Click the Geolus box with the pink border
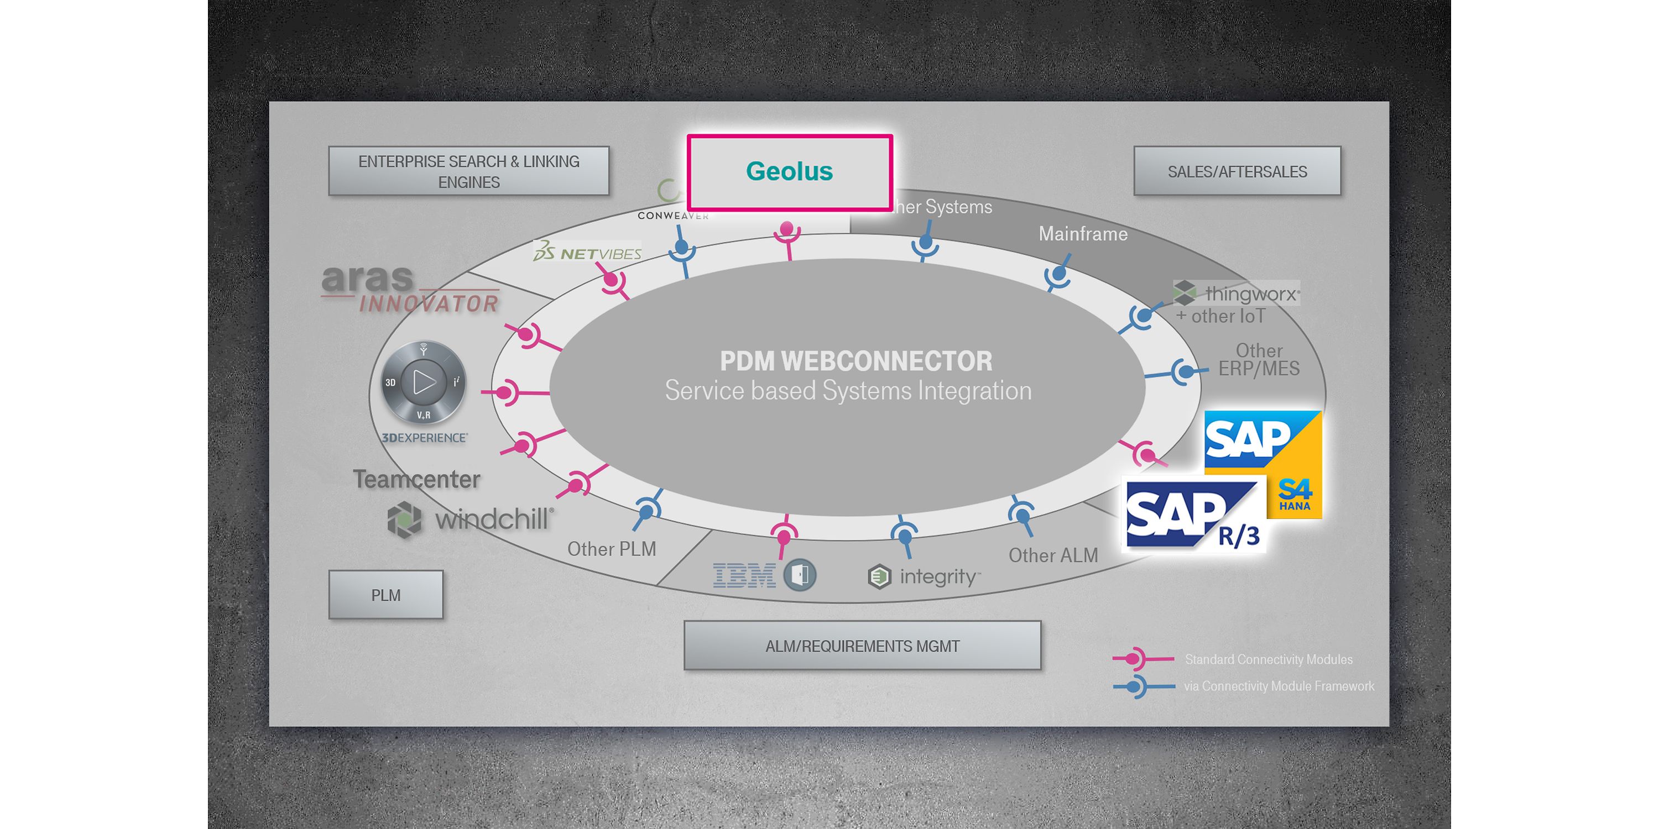coord(790,172)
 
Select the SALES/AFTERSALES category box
coord(1237,171)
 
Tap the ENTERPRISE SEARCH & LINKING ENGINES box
coord(468,171)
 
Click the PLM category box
coord(386,595)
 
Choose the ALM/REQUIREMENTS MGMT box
coord(862,646)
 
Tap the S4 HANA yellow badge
coord(1295,495)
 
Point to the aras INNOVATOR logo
coord(410,290)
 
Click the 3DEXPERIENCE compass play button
coord(423,382)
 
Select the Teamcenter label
coord(416,480)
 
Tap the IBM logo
coord(744,575)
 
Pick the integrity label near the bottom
coord(938,576)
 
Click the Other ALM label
coord(1053,555)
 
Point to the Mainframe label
coord(1083,234)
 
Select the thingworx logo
coord(1237,293)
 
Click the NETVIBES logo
coord(587,253)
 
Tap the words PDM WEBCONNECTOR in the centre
coord(855,361)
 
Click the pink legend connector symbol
coord(1138,658)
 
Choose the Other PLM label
coord(611,549)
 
